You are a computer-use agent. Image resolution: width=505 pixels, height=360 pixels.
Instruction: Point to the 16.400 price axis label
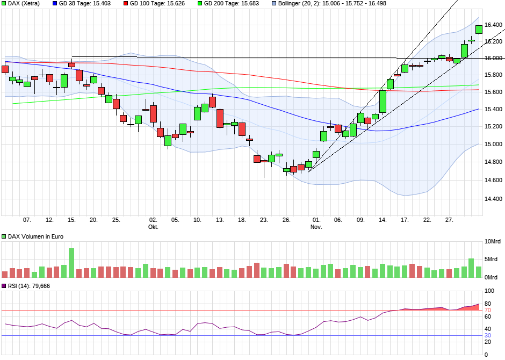click(493, 25)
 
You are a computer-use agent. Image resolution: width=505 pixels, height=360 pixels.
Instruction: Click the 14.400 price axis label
click(493, 199)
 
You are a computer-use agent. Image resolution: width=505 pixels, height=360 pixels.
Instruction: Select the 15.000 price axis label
click(493, 144)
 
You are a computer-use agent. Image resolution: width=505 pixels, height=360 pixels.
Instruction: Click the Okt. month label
click(153, 227)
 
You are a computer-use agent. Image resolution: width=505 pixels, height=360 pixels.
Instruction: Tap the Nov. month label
click(316, 227)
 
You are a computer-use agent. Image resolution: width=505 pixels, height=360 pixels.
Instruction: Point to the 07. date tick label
click(27, 220)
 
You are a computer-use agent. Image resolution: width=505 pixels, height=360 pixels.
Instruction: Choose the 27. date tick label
click(449, 220)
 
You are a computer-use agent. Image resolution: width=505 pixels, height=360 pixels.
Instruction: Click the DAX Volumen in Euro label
click(32, 236)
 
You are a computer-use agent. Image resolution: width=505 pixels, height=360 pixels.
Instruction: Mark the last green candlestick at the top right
click(479, 30)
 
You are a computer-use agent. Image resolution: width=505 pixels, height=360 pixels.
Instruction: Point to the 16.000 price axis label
click(493, 58)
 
